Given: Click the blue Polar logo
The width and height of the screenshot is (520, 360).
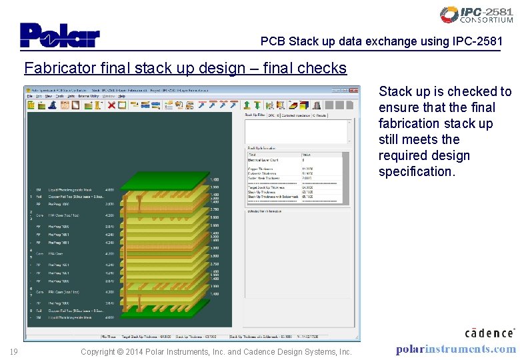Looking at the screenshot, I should point(59,35).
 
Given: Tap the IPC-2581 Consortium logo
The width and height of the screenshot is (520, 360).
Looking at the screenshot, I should point(476,15).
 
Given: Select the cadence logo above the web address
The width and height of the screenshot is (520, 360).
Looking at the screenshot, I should point(489,333).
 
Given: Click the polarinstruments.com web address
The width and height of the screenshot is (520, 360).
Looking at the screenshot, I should point(455,349).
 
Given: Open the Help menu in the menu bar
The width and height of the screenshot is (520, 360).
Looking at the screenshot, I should point(121,96).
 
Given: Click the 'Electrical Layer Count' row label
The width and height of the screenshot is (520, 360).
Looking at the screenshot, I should point(263,160).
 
